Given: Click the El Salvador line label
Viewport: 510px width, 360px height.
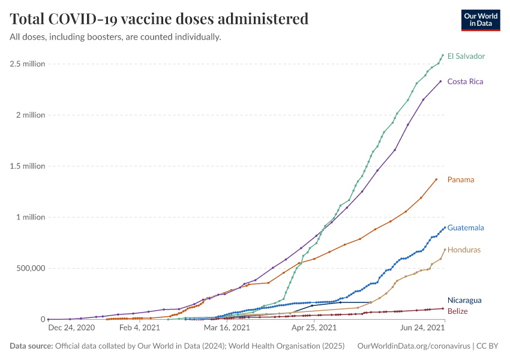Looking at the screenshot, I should coord(466,56).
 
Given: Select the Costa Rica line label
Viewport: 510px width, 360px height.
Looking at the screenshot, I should coord(465,81).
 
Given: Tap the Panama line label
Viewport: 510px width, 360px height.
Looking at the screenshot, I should coord(460,179).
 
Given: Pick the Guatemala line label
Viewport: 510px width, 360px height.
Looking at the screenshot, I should coord(466,227).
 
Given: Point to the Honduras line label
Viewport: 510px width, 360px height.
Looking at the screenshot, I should coord(464,249).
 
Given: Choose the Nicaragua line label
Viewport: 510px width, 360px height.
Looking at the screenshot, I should coord(464,300).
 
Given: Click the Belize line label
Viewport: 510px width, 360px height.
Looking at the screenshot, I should coord(457,311).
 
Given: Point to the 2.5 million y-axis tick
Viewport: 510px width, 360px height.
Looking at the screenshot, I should coord(27,64).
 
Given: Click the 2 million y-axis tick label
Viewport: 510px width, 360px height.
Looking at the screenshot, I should coord(29,115).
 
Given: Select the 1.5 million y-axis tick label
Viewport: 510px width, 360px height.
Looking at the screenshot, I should coord(27,166).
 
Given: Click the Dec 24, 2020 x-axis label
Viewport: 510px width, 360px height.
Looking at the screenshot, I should coord(71,328).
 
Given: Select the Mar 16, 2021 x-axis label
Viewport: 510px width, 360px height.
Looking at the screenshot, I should coord(226,328).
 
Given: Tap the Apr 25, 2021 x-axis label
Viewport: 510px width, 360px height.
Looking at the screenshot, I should coord(314,328).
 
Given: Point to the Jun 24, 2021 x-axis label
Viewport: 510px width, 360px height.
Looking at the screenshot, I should coord(422,328).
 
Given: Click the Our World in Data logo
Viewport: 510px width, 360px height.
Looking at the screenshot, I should coord(481,19).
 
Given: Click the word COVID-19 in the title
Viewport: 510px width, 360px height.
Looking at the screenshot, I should coord(82,19).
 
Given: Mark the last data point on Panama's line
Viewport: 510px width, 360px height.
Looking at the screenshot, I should coord(436,179).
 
